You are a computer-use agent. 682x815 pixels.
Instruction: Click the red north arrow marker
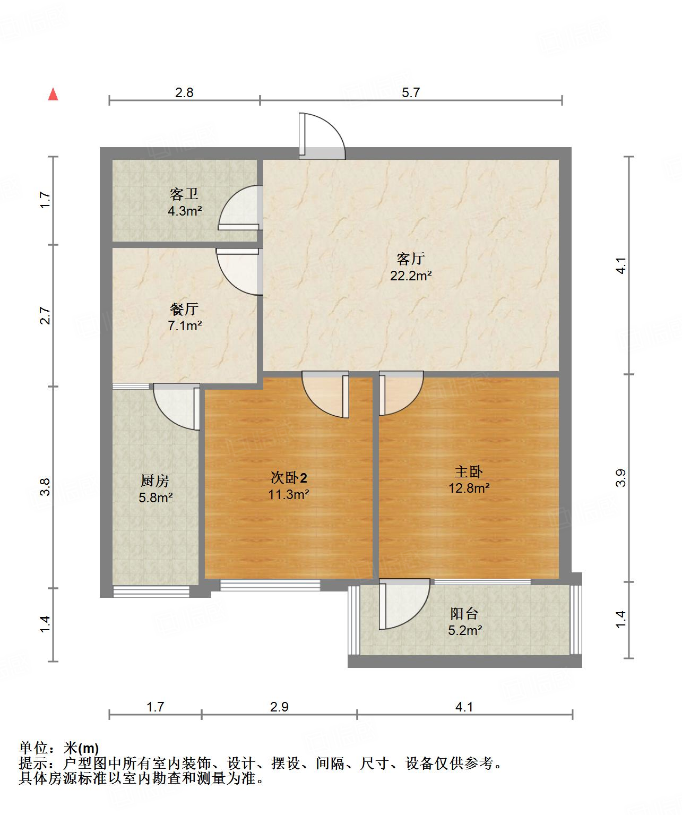(x=53, y=95)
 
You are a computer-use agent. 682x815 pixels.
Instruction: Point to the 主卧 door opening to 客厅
(x=401, y=393)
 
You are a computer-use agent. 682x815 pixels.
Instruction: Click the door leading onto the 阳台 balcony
(x=403, y=604)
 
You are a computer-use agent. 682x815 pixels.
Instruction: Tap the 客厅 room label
(x=410, y=259)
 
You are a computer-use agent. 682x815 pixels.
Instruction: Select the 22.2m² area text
(x=410, y=276)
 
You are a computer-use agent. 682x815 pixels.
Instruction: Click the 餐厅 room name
(x=184, y=308)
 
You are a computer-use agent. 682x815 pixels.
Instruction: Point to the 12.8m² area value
(x=469, y=488)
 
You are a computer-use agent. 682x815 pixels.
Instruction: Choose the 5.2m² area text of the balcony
(x=465, y=631)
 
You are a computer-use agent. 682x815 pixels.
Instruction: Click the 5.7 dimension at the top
(x=410, y=93)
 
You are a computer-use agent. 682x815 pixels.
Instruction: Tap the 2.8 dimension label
(x=184, y=93)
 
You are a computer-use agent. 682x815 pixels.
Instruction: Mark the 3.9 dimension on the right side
(x=621, y=478)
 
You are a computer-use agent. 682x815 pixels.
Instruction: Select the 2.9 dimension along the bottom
(x=279, y=707)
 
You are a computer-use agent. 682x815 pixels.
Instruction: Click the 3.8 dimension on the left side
(x=46, y=487)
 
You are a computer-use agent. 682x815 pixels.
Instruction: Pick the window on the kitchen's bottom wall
(x=151, y=591)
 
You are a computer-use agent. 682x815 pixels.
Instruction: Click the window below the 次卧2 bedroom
(x=270, y=585)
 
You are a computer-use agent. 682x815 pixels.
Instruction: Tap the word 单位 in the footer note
(x=33, y=748)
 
